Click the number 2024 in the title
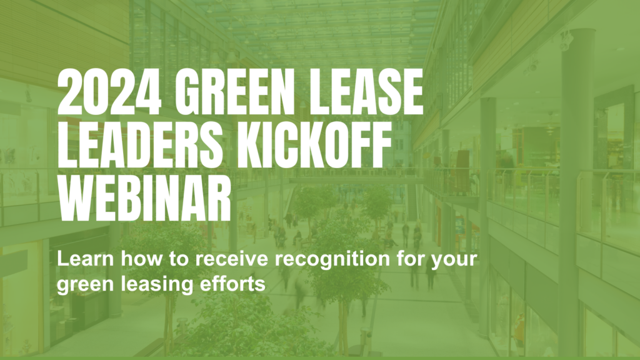tap(109, 91)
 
